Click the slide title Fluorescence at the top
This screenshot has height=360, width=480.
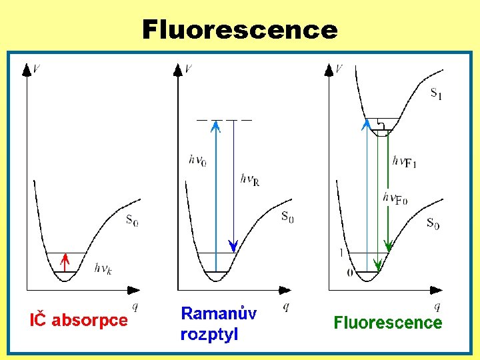[x=240, y=29]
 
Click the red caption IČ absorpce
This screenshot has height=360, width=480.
[x=79, y=320]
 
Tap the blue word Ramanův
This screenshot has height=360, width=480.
[x=219, y=314]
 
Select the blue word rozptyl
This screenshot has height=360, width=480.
[x=209, y=335]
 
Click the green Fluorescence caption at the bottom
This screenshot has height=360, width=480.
[x=387, y=323]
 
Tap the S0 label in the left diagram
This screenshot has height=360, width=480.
[x=133, y=220]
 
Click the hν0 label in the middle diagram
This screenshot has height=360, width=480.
[x=198, y=160]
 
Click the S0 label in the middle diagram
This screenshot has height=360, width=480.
[x=287, y=217]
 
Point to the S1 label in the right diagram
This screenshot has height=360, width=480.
[x=436, y=93]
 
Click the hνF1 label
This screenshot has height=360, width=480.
[x=405, y=161]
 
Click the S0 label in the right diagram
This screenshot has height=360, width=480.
[x=433, y=223]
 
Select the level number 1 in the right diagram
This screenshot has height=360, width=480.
[x=341, y=253]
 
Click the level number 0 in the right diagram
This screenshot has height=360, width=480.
[x=350, y=272]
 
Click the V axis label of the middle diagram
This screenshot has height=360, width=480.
[x=189, y=69]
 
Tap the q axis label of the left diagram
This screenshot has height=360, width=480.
[x=135, y=306]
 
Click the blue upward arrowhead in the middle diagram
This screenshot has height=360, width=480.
[x=215, y=125]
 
